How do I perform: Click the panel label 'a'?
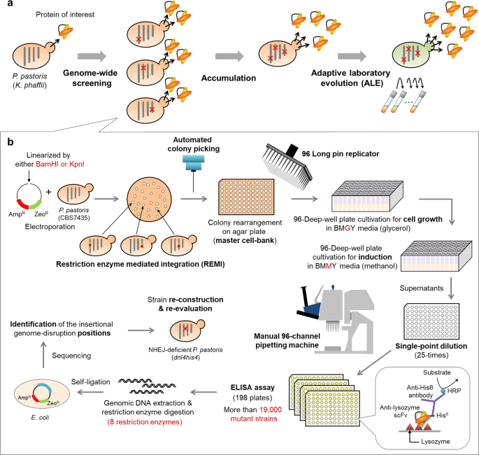(x=10, y=4)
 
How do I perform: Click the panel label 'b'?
(x=10, y=142)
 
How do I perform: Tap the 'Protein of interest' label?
(x=65, y=15)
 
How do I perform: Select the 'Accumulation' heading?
(x=229, y=78)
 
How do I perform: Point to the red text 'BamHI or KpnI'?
(x=60, y=164)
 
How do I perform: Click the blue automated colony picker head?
(x=194, y=162)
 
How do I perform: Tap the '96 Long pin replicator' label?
(x=341, y=154)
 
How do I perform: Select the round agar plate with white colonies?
(x=150, y=199)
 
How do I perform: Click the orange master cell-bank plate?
(x=246, y=197)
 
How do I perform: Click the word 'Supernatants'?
(x=421, y=288)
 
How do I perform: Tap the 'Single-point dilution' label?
(x=431, y=346)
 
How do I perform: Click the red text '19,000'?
(x=271, y=409)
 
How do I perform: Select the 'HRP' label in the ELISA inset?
(x=454, y=391)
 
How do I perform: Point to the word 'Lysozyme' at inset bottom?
(x=436, y=442)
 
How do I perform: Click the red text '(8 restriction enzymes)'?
(x=145, y=422)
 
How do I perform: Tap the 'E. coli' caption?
(x=40, y=417)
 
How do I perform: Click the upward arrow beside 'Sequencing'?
(x=43, y=355)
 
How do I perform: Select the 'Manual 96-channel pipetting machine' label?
(x=287, y=341)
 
